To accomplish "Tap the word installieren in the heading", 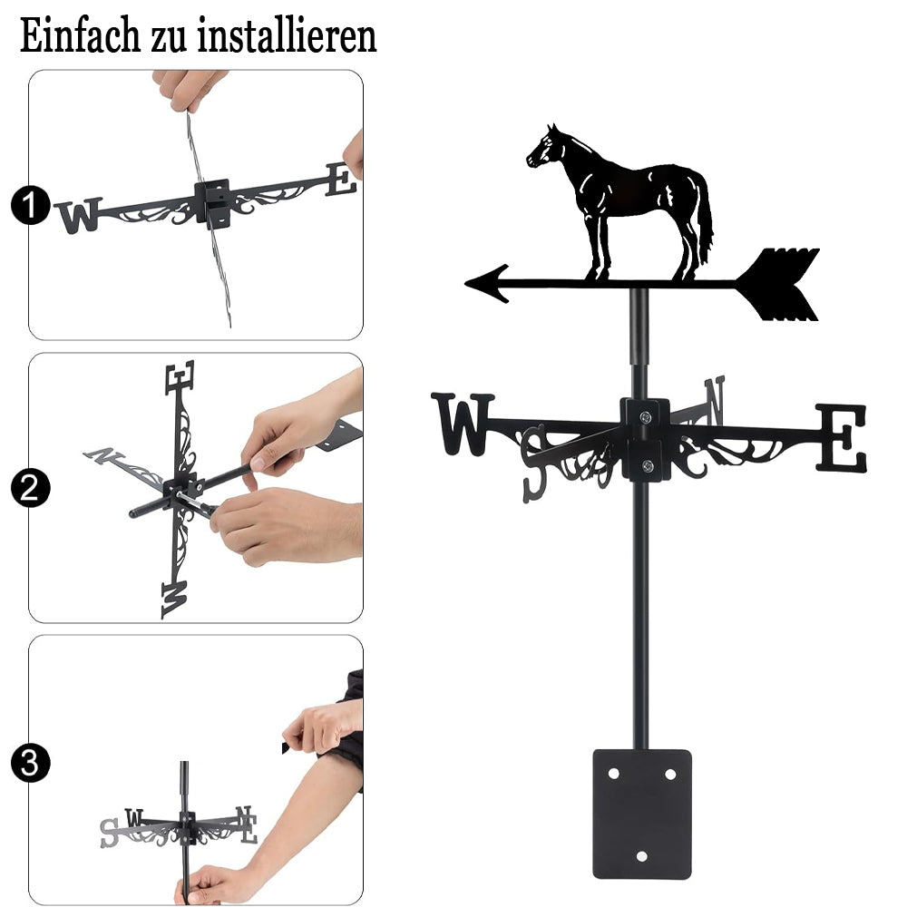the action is point(287,36).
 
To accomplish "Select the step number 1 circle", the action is point(30,205).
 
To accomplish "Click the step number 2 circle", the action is point(30,488).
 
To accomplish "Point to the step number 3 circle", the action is point(30,763).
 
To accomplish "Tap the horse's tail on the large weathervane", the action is point(705,219).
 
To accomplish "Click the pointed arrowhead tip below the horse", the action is point(466,283).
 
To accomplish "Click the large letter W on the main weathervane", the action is point(463,424).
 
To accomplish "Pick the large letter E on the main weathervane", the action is point(842,437).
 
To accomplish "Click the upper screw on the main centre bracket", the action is point(646,416).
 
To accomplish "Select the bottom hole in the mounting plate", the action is point(641,855).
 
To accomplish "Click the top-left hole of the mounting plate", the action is point(613,774).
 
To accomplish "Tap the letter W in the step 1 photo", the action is point(79,215).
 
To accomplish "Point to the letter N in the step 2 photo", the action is point(103,455).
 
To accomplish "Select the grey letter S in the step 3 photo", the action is point(109,833).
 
